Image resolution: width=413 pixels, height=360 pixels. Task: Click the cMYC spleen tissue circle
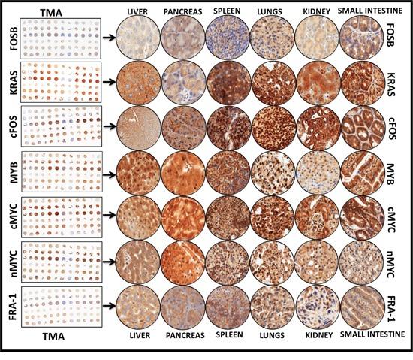(x=228, y=216)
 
